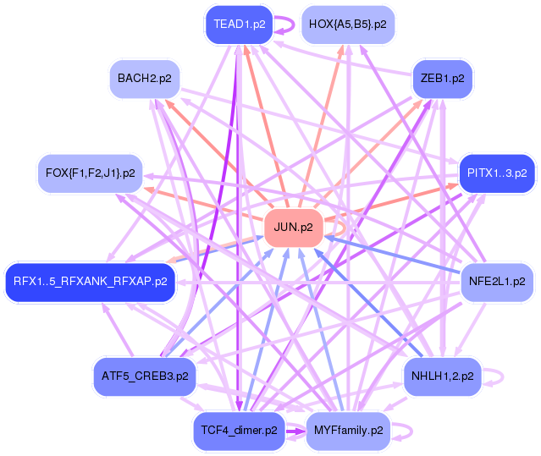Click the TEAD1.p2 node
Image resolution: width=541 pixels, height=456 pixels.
pyautogui.click(x=240, y=25)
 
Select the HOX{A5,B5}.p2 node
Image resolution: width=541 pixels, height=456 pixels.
pyautogui.click(x=348, y=25)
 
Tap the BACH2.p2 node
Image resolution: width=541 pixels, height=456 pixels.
pyautogui.click(x=145, y=79)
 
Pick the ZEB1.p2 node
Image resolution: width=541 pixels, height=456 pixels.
pyautogui.click(x=442, y=79)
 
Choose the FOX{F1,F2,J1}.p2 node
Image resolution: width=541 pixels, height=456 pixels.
pyautogui.click(x=90, y=173)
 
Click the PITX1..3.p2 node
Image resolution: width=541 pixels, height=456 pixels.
pyautogui.click(x=497, y=173)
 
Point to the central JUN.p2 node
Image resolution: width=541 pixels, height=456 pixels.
pyautogui.click(x=293, y=228)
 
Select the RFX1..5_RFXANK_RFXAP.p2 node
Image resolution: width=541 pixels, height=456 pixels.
pyautogui.click(x=90, y=282)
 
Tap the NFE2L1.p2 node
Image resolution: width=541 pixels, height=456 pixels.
pyautogui.click(x=497, y=282)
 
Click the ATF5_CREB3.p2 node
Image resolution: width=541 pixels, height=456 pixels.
pyautogui.click(x=145, y=376)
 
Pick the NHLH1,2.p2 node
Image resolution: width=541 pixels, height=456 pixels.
pyautogui.click(x=442, y=376)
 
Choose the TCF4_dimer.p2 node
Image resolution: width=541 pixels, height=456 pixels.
pyautogui.click(x=239, y=431)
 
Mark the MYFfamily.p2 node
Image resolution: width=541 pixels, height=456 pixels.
pyautogui.click(x=348, y=431)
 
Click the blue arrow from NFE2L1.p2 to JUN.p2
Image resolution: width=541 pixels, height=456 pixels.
pyautogui.click(x=393, y=255)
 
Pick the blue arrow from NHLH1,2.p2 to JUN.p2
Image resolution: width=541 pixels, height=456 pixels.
pyautogui.click(x=368, y=303)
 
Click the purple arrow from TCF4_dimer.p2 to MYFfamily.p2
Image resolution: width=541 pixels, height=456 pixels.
pyautogui.click(x=295, y=431)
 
